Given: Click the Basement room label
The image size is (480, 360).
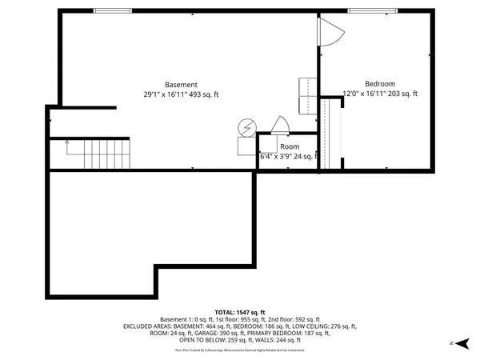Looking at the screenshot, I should click(181, 84).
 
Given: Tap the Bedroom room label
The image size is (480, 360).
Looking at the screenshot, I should click(380, 84).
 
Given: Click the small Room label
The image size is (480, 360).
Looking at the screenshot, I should click(290, 147).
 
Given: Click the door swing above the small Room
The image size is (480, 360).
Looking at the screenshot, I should click(281, 126).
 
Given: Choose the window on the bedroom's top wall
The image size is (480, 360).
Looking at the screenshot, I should click(369, 10).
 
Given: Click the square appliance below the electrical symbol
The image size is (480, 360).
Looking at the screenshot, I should click(245, 146).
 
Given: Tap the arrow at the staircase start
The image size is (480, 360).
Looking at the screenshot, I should click(67, 143).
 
